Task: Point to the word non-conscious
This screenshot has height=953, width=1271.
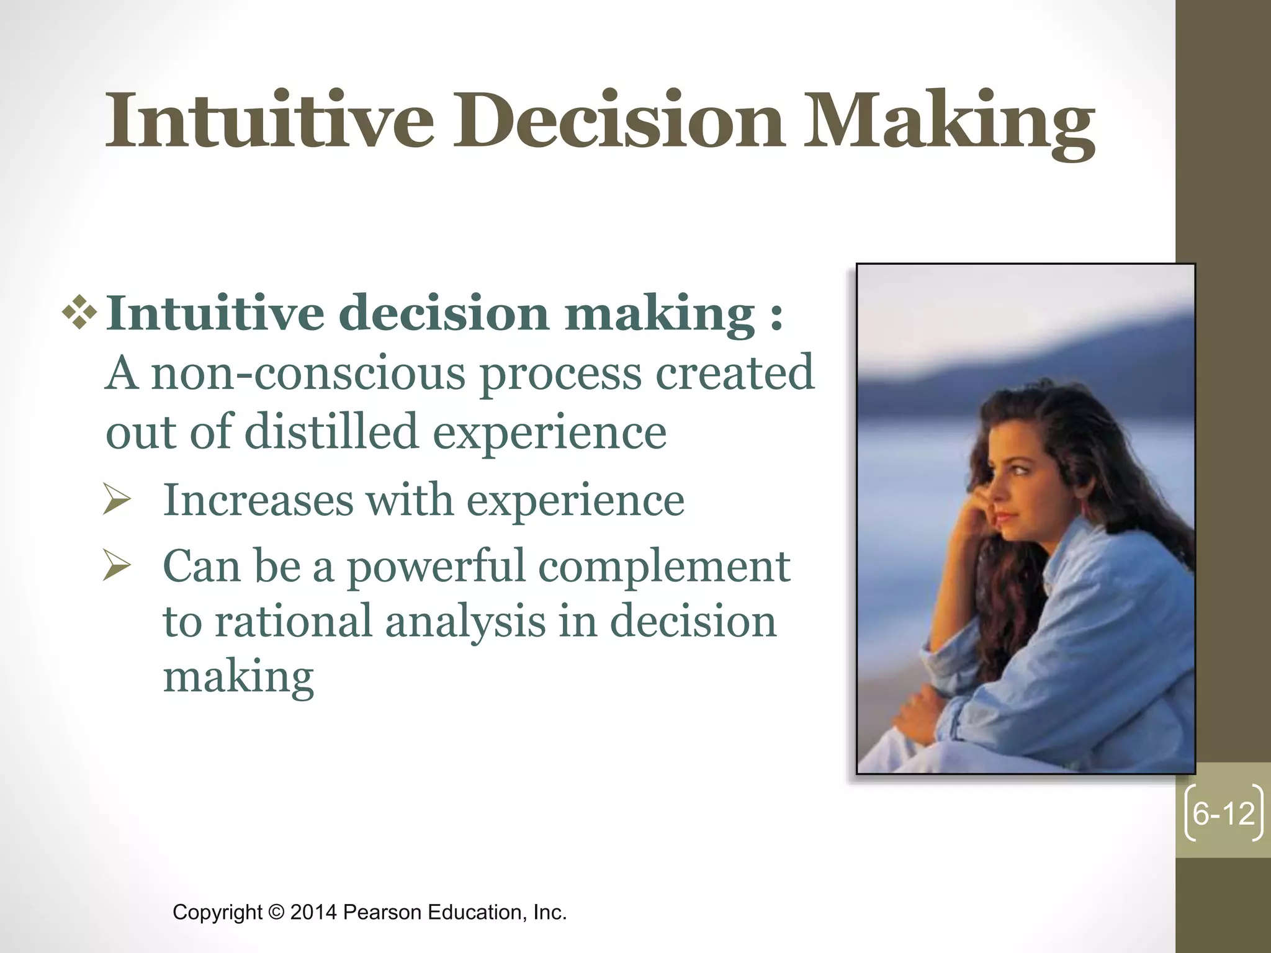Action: tap(308, 374)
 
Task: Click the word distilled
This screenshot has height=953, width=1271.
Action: tap(331, 432)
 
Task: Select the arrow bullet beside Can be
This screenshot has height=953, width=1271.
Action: tap(117, 566)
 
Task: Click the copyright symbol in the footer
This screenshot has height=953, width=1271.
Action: tap(276, 913)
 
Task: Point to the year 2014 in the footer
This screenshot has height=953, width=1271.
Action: tap(313, 913)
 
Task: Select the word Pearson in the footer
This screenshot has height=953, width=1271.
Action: tap(382, 913)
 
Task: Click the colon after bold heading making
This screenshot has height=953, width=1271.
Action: tap(776, 315)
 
